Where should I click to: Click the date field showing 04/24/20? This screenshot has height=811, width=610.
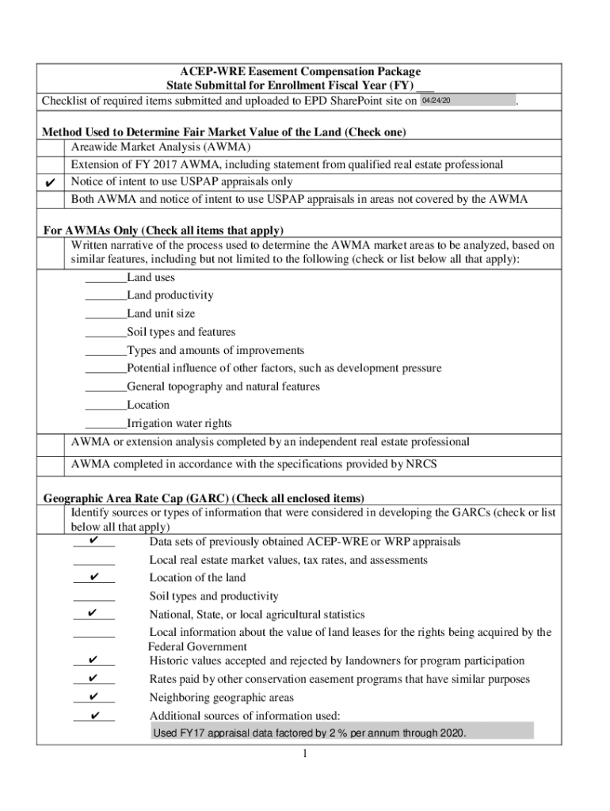pyautogui.click(x=467, y=101)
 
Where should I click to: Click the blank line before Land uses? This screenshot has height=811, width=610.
pyautogui.click(x=105, y=278)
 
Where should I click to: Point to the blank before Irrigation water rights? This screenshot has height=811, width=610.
pyautogui.click(x=105, y=424)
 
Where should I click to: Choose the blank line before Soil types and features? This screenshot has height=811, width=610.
pyautogui.click(x=105, y=333)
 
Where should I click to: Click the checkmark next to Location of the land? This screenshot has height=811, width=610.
pyautogui.click(x=93, y=577)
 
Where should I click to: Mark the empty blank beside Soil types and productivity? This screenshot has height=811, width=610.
pyautogui.click(x=93, y=596)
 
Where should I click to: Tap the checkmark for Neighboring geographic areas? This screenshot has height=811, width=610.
pyautogui.click(x=93, y=698)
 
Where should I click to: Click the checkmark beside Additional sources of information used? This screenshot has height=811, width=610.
pyautogui.click(x=93, y=716)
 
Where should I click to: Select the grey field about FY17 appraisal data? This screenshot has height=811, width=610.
pyautogui.click(x=341, y=733)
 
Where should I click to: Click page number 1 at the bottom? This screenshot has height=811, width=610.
pyautogui.click(x=304, y=754)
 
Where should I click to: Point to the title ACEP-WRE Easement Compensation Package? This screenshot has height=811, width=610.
pyautogui.click(x=303, y=71)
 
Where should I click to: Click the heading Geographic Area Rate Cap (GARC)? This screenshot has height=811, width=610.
pyautogui.click(x=204, y=498)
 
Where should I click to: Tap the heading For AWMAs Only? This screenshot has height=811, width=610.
pyautogui.click(x=162, y=230)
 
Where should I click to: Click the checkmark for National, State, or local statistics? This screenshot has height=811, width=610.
pyautogui.click(x=93, y=615)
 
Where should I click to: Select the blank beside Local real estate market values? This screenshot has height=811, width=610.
pyautogui.click(x=93, y=561)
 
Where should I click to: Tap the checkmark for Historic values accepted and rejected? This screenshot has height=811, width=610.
pyautogui.click(x=93, y=661)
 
